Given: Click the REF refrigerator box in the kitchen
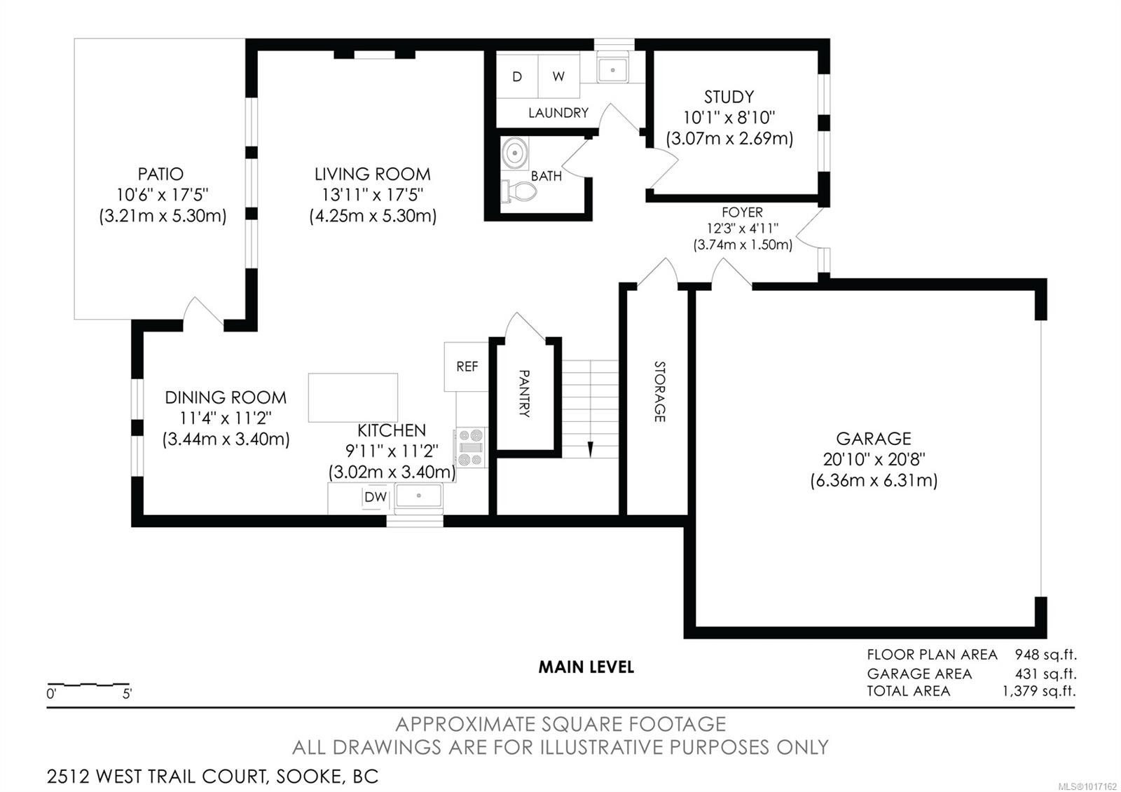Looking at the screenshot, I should coord(467,367).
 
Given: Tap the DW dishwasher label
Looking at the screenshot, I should coord(376,497).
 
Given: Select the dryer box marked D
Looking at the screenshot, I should coord(517,76).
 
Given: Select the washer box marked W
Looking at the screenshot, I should coord(558,76).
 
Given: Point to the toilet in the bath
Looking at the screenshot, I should coord(518,191).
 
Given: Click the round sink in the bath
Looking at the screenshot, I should coord(516,153).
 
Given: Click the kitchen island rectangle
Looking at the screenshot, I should coord(353,397).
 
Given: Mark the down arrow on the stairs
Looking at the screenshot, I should coord(591,449).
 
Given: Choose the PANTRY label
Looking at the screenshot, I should coord(525,394).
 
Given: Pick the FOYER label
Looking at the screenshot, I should coord(742,212).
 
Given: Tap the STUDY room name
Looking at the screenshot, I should coord(729,97).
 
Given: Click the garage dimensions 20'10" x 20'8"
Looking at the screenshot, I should coord(874,460).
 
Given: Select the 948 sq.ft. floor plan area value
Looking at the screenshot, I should coord(1045,655).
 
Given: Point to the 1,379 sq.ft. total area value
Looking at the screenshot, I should coord(1038,691).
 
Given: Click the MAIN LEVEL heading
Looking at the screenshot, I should coord(586,667).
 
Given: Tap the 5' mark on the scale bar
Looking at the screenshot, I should coord(127,695).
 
